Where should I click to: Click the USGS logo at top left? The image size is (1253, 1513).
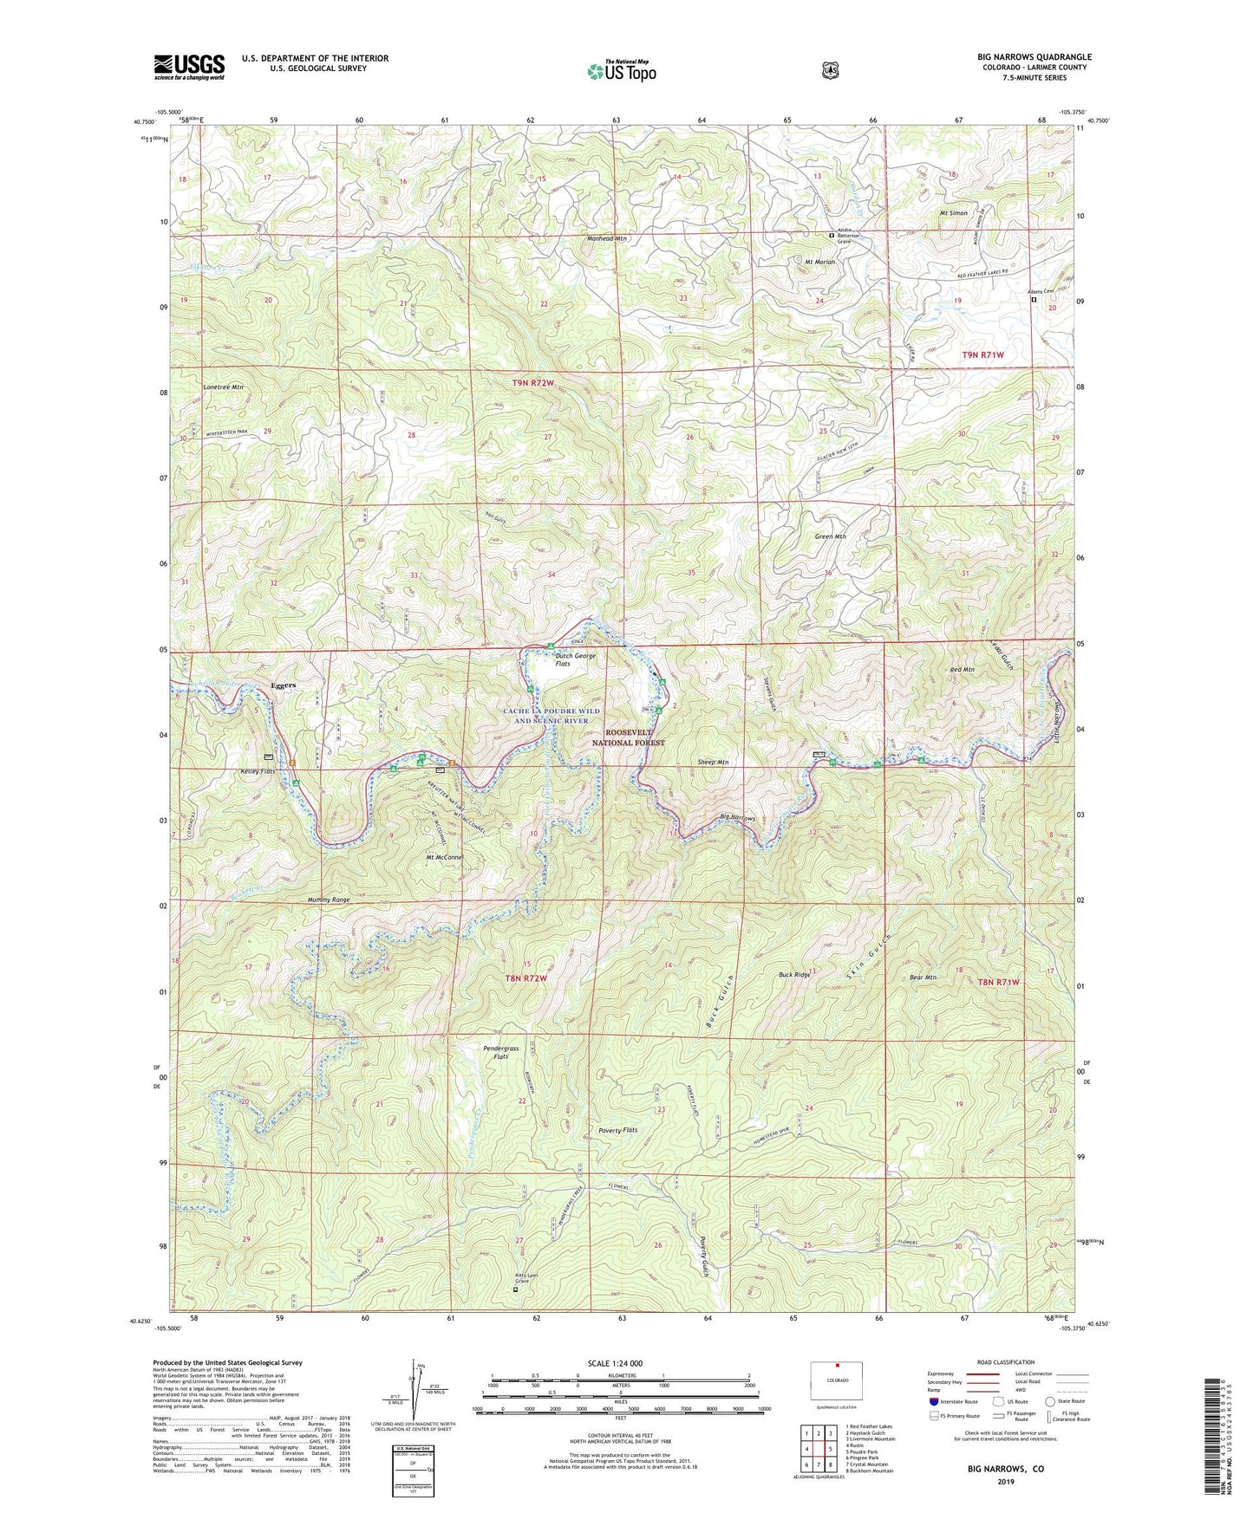click(x=189, y=67)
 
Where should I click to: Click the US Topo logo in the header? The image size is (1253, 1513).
click(x=621, y=70)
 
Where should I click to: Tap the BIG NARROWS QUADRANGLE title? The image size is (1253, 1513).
click(x=1034, y=57)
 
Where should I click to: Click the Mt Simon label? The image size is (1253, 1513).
click(x=952, y=212)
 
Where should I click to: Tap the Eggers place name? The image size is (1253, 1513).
click(x=283, y=685)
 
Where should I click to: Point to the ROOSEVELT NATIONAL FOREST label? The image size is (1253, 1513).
click(x=628, y=737)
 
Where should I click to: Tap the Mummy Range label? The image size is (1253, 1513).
click(x=329, y=900)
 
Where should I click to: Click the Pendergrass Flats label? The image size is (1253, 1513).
click(x=500, y=1053)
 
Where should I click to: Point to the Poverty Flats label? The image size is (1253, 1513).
click(x=617, y=1130)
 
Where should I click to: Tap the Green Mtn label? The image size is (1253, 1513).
click(x=830, y=536)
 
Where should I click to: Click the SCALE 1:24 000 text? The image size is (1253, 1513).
click(x=615, y=1363)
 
